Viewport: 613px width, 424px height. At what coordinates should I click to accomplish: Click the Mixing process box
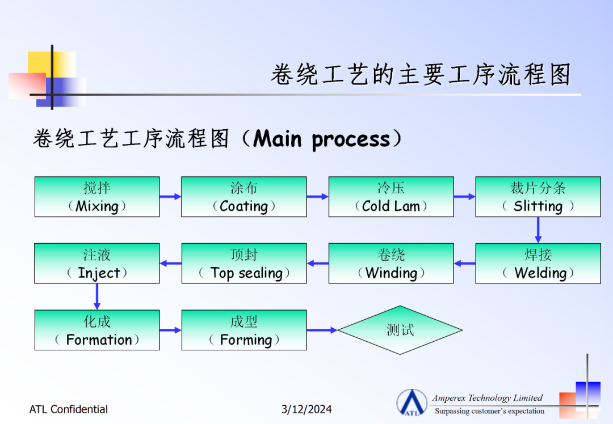[x=97, y=197]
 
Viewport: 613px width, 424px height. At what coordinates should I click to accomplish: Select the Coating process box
[x=244, y=197]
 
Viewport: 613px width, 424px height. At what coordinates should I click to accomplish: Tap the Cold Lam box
[x=391, y=197]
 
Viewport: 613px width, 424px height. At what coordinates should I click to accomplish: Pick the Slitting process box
[x=538, y=197]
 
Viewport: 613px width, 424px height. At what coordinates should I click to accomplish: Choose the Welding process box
[x=538, y=264]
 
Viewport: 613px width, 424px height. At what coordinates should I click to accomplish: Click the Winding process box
[x=391, y=264]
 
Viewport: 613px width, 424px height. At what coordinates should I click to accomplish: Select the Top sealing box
[x=244, y=264]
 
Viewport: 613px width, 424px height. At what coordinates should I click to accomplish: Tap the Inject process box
[x=97, y=264]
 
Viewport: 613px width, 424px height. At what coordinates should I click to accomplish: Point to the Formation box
[x=97, y=330]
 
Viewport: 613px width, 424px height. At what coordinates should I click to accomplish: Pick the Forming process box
[x=244, y=330]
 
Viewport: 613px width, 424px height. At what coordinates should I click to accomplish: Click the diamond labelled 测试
[x=400, y=330]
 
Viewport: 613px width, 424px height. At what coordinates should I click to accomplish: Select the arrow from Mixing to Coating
[x=170, y=197]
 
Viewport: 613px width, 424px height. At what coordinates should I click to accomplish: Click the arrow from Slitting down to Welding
[x=538, y=230]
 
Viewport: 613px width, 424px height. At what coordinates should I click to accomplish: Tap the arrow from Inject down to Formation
[x=97, y=296]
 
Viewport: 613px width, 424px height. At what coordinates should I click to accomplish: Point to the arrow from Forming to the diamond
[x=322, y=330]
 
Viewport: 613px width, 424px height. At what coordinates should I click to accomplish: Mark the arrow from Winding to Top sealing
[x=317, y=264]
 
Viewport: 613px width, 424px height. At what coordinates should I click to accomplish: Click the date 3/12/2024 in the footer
[x=306, y=409]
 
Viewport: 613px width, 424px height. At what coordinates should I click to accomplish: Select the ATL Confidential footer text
[x=69, y=409]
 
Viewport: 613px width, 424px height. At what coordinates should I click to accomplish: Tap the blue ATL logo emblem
[x=412, y=402]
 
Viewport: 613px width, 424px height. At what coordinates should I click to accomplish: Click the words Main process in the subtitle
[x=322, y=139]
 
